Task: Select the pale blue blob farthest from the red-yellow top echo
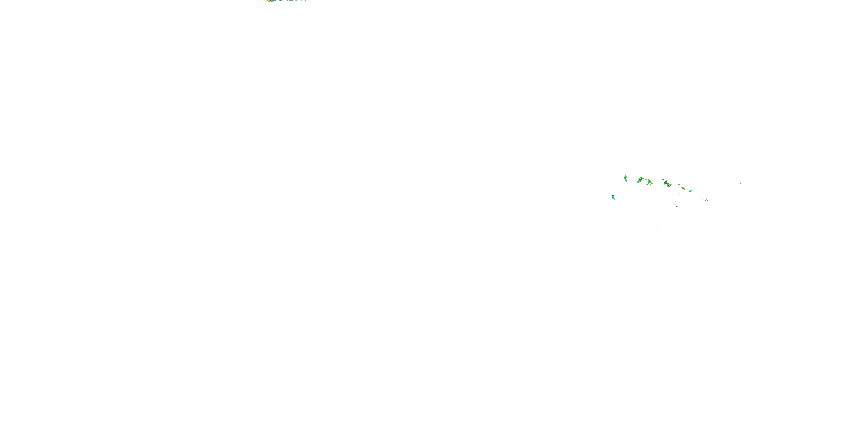[306, 0]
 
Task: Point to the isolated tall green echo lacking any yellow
[613, 197]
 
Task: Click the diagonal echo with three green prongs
[640, 180]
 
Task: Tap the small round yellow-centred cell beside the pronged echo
[646, 180]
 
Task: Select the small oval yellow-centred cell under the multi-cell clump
[650, 185]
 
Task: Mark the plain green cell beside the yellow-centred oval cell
[647, 185]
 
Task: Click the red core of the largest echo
[669, 186]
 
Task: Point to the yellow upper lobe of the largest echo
[666, 183]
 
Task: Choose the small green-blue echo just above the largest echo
[662, 180]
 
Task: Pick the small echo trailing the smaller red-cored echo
[691, 191]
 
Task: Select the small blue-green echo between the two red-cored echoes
[679, 185]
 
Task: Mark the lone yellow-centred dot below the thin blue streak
[677, 207]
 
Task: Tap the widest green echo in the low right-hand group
[706, 200]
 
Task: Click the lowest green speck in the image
[656, 225]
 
